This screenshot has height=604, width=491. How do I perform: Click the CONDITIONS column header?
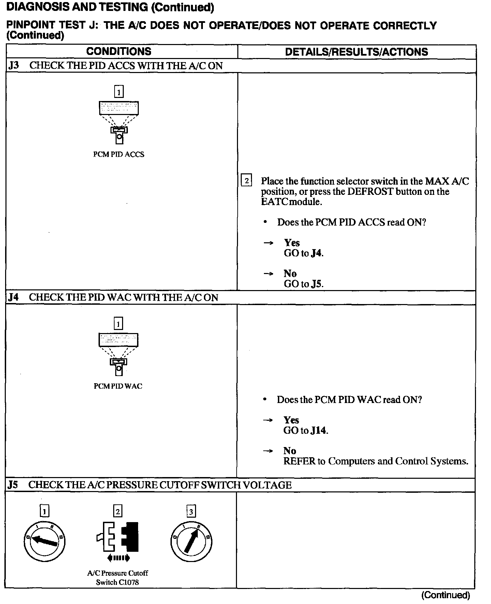tap(119, 52)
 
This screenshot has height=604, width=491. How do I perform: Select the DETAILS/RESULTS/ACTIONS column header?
tap(356, 52)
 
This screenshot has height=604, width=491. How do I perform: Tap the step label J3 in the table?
tap(14, 66)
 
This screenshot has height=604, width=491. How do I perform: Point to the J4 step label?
tap(14, 297)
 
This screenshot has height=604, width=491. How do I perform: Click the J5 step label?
tap(13, 485)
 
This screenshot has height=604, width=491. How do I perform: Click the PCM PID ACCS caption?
tap(119, 154)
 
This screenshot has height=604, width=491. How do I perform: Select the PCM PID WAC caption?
tap(118, 386)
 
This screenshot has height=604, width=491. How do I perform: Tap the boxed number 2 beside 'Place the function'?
tap(246, 180)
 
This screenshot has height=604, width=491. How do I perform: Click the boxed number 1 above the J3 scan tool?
tap(119, 92)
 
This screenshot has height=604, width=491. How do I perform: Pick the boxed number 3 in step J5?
tap(191, 511)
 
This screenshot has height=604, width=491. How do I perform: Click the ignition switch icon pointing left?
tap(44, 541)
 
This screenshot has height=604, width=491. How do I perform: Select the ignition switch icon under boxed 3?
tap(191, 542)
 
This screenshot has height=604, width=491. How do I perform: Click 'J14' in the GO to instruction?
tap(318, 430)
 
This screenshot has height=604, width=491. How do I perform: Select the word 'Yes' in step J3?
tap(292, 243)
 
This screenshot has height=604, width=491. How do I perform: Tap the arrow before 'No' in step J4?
tap(268, 451)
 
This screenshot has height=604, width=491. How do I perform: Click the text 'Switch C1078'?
tap(117, 582)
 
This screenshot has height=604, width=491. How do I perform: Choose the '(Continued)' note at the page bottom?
tap(446, 595)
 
